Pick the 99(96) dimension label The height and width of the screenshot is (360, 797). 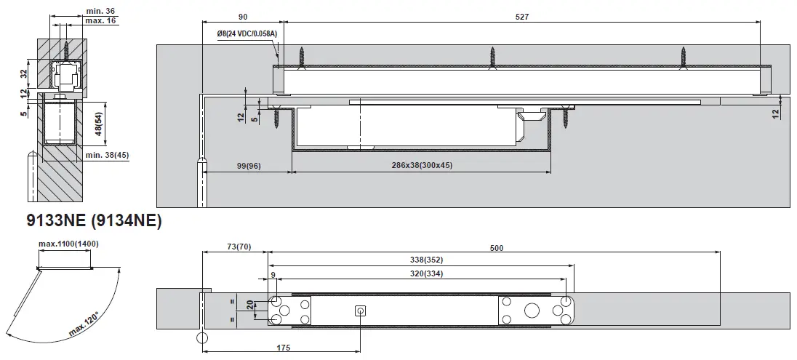click(x=248, y=167)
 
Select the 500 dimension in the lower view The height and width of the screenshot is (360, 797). click(x=496, y=248)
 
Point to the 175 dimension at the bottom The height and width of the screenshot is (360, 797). click(x=282, y=348)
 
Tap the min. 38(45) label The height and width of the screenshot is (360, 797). click(x=107, y=154)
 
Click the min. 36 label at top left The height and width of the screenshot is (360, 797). click(x=100, y=11)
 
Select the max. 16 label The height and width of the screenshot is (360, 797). click(x=100, y=20)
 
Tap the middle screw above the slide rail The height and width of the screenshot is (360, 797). click(x=492, y=57)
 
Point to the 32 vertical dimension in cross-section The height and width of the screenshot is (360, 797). click(x=24, y=73)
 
